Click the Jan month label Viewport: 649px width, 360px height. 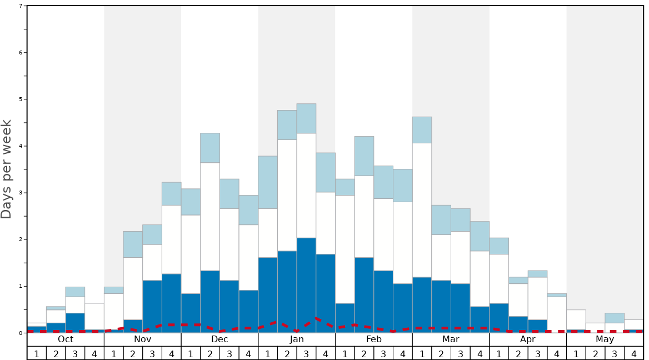coord(297,339)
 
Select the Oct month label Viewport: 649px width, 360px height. coord(66,339)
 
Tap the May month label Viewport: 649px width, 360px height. coord(605,339)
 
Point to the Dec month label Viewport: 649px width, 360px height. coord(219,339)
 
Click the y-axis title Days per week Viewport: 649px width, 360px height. coord(7,169)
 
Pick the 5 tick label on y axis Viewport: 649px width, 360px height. coord(21,99)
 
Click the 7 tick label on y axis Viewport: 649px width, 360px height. coord(21,6)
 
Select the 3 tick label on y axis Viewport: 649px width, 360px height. coord(21,193)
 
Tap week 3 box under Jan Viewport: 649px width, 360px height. coord(306,353)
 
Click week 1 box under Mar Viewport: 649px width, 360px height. coord(422,353)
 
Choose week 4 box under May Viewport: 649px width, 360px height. coord(634,353)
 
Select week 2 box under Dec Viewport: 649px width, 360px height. coord(210,353)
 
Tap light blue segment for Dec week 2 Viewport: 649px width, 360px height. coord(210,148)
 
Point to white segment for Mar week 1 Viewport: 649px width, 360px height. coord(422,210)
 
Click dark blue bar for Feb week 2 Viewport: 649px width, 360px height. coord(364,295)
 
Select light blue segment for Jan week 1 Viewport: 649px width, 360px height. coord(268,182)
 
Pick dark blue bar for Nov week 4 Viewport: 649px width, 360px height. coord(171,303)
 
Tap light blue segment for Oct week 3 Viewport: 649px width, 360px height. coord(75,292)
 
